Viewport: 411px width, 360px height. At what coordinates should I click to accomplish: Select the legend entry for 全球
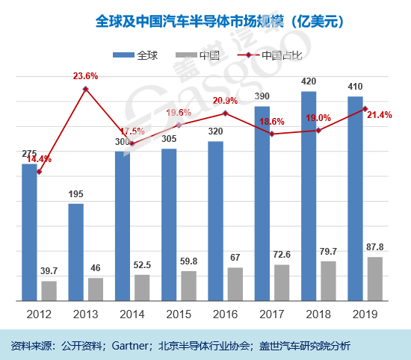coord(139,55)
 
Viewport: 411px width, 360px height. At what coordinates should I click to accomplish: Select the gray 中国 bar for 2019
coord(375,279)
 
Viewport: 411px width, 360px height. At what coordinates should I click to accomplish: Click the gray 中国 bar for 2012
coord(49,291)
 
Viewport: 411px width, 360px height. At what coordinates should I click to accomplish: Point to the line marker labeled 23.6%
coord(86,90)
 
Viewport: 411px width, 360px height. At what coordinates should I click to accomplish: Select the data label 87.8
coord(375,247)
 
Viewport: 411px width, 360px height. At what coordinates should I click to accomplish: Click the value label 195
coord(76,194)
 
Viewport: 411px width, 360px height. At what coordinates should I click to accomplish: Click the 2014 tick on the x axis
coord(132,314)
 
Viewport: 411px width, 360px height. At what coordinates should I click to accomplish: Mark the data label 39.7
coord(49,271)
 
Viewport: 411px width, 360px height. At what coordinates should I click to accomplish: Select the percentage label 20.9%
coord(225,101)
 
